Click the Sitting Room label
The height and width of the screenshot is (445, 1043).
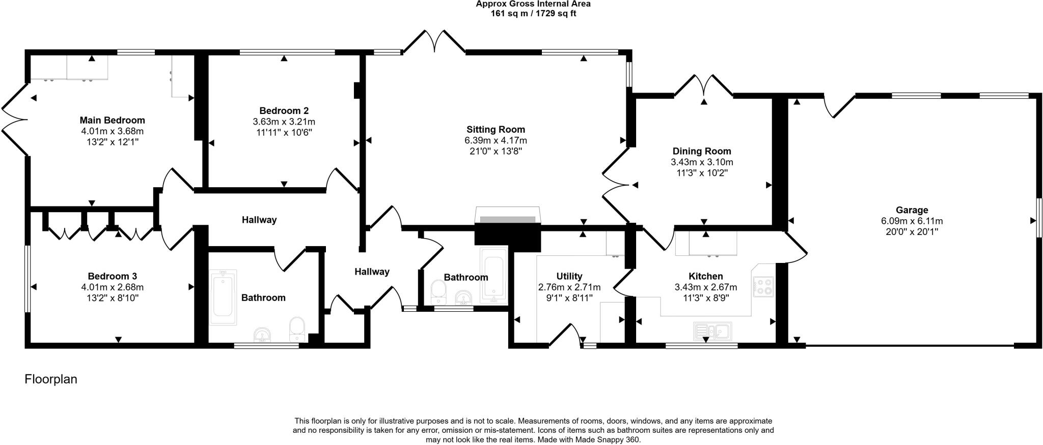click(x=496, y=130)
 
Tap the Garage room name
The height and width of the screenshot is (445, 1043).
click(x=912, y=210)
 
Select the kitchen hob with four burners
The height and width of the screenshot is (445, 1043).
click(x=763, y=286)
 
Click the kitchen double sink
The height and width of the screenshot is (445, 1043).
click(x=712, y=331)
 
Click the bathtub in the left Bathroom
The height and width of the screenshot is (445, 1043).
click(x=223, y=298)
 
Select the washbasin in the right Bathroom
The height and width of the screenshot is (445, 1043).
click(x=463, y=298)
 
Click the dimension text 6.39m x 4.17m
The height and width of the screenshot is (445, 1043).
click(x=496, y=140)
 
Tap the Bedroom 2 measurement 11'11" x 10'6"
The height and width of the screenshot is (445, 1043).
click(x=284, y=132)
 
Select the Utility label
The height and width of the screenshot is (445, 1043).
click(x=569, y=276)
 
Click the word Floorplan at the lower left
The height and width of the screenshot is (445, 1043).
click(x=51, y=379)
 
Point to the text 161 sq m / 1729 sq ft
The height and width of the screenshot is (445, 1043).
click(x=533, y=14)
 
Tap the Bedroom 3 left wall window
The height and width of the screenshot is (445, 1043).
click(x=28, y=279)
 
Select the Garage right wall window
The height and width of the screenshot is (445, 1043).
click(x=1039, y=217)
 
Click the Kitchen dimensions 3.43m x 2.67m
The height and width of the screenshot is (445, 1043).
click(x=705, y=287)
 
